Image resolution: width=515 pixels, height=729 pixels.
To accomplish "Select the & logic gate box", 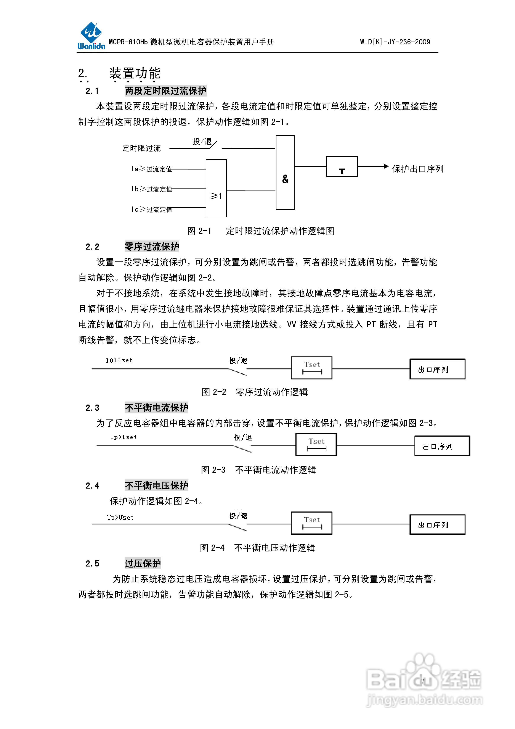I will [285, 173].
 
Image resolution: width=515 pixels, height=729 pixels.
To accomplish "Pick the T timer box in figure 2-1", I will [342, 166].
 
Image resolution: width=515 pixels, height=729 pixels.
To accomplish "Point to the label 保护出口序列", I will [418, 169].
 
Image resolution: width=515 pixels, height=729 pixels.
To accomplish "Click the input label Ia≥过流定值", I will [151, 169].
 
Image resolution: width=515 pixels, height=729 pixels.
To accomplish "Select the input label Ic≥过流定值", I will [151, 209].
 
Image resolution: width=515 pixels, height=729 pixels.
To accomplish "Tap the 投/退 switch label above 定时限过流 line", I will [202, 142].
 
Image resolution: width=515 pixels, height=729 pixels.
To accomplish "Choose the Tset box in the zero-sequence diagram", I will [312, 368].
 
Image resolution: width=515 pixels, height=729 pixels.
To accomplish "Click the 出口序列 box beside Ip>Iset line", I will [442, 446].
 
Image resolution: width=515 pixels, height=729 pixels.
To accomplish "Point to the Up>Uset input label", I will [120, 518].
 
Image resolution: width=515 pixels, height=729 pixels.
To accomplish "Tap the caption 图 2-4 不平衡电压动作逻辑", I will [257, 548].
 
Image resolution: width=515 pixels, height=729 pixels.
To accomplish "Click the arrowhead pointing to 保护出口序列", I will [386, 166].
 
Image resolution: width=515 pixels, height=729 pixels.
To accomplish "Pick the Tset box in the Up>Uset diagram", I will [312, 523].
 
